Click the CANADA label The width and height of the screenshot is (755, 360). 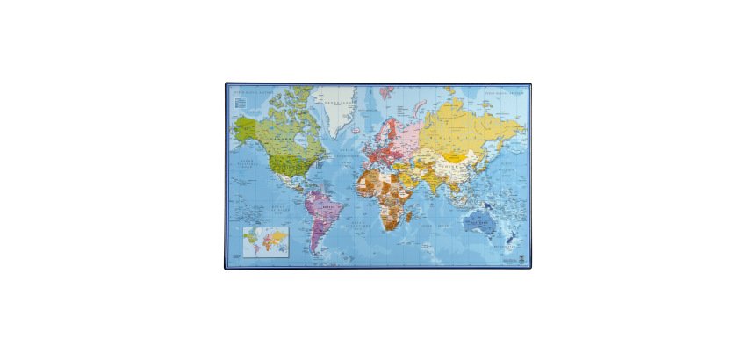(283, 138)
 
